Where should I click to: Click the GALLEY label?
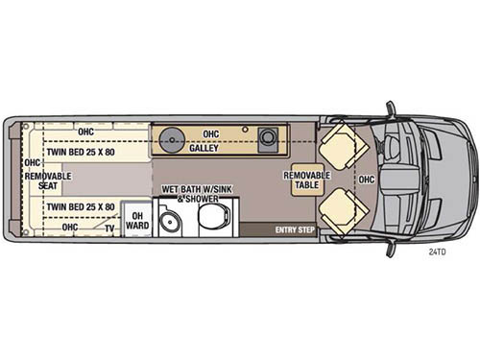pyautogui.click(x=203, y=149)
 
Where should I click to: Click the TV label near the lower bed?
pyautogui.click(x=109, y=228)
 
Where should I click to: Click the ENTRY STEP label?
pyautogui.click(x=294, y=229)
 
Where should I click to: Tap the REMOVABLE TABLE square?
pyautogui.click(x=306, y=181)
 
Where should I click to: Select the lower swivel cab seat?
pyautogui.click(x=343, y=211)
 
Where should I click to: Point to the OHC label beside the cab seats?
pyautogui.click(x=367, y=180)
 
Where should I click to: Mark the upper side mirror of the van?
pyautogui.click(x=391, y=108)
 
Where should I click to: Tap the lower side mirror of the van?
pyautogui.click(x=391, y=249)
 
